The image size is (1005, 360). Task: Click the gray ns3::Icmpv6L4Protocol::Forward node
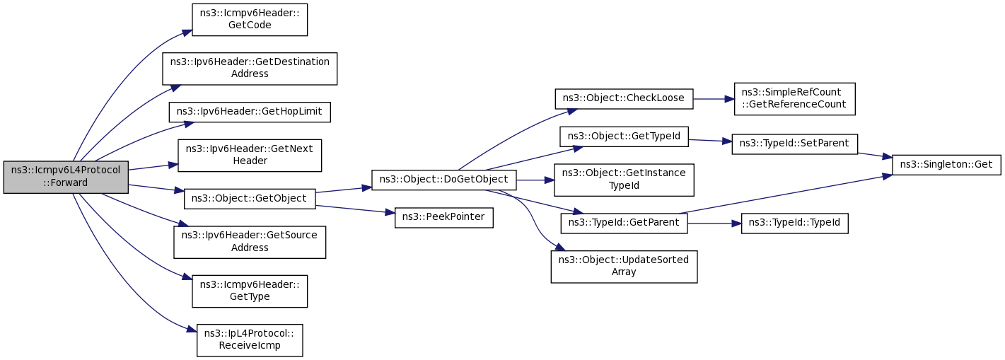click(66, 178)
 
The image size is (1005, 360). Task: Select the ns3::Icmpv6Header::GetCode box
click(250, 19)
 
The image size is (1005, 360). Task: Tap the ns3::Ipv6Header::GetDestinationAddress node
click(250, 69)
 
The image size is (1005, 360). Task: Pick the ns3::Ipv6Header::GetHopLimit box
click(250, 112)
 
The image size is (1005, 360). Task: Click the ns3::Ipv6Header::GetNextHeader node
click(250, 156)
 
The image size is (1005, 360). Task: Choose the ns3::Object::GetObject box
click(250, 199)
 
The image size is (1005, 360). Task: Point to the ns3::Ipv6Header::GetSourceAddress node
click(250, 243)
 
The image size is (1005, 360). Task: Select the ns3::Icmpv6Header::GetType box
click(250, 291)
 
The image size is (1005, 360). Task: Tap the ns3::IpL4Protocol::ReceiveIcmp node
click(250, 341)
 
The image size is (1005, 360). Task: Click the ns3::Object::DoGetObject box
click(444, 180)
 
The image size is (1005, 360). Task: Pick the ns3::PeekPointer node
click(444, 218)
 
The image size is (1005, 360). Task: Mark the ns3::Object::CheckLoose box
click(624, 99)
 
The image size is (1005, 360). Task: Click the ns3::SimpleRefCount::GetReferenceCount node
click(794, 99)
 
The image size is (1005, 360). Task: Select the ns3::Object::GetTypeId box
click(624, 137)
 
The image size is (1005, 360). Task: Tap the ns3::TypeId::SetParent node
click(794, 144)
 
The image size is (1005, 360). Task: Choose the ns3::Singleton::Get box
click(947, 165)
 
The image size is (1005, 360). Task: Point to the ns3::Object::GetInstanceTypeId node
click(624, 180)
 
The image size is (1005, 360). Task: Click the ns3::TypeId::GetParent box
click(624, 223)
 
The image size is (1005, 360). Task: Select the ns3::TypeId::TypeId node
click(794, 223)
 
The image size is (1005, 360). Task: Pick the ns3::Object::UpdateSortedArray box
click(624, 267)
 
